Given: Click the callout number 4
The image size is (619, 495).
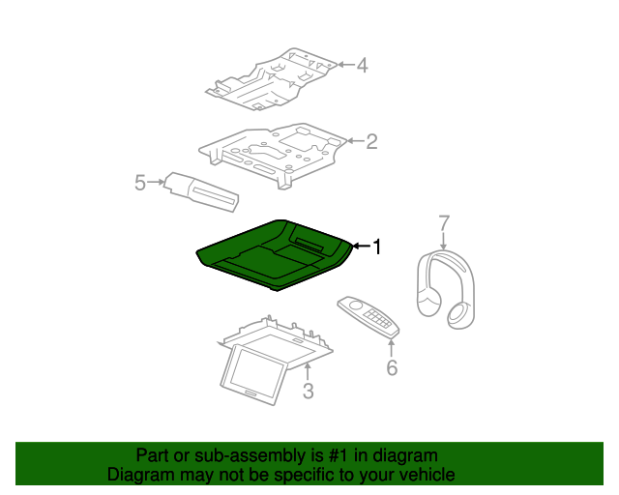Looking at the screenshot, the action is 363,65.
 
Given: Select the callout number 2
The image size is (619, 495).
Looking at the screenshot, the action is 371,141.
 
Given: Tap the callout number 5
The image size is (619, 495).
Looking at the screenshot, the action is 140,183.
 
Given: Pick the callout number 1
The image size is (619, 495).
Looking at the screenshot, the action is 377,247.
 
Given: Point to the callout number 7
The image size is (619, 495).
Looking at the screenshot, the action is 444,223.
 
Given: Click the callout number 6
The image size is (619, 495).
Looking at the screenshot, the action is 392,368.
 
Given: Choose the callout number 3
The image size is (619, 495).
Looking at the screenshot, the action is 308,391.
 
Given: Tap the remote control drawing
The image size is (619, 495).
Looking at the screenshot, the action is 368,317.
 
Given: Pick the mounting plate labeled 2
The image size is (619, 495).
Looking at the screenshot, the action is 273,155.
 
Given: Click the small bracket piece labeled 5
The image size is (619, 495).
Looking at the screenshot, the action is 201,191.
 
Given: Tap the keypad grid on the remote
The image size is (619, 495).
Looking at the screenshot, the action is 377,318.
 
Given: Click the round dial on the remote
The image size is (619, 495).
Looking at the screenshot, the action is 356,306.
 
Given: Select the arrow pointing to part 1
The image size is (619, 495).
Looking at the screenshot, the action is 361,247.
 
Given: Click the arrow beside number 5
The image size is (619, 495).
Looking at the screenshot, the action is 156,182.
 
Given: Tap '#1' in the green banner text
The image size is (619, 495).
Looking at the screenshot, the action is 339,455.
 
